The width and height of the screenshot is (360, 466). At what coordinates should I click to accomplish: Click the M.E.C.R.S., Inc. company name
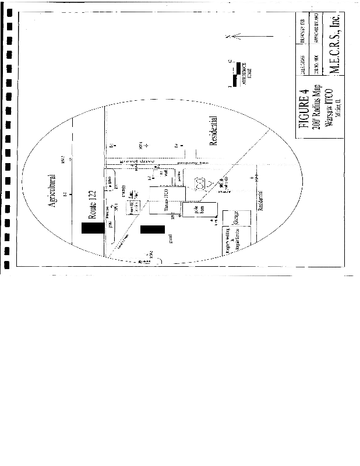pos(334,44)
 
